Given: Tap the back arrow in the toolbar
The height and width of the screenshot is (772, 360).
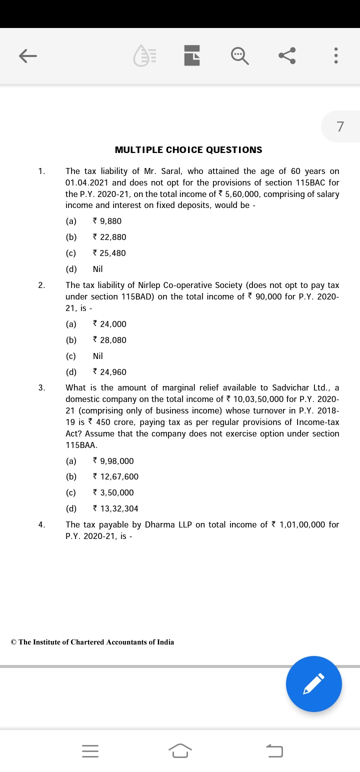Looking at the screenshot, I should pyautogui.click(x=28, y=56).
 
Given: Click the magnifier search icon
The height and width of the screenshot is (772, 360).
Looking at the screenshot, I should pyautogui.click(x=239, y=56).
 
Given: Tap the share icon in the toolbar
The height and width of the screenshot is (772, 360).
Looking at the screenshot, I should pyautogui.click(x=287, y=56).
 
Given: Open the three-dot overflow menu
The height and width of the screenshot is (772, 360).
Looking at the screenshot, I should pyautogui.click(x=336, y=56).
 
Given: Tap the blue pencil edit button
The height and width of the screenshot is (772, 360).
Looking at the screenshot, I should pyautogui.click(x=313, y=683).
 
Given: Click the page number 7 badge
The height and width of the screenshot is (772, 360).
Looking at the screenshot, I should pyautogui.click(x=340, y=126).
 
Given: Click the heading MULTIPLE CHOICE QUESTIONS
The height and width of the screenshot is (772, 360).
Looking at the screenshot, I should pyautogui.click(x=188, y=150).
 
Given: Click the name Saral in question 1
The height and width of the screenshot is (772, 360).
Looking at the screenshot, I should pyautogui.click(x=171, y=171).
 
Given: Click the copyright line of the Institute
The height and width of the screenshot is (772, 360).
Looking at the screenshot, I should pyautogui.click(x=92, y=642).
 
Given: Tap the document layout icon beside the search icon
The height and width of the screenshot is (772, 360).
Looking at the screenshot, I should pyautogui.click(x=192, y=56).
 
